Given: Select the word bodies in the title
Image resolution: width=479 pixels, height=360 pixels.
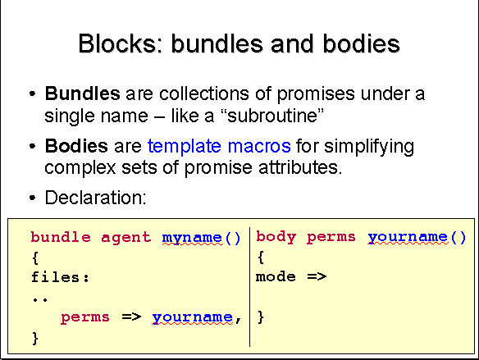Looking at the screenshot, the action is (362, 43).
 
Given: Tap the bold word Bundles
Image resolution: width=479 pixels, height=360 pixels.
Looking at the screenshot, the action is (83, 93).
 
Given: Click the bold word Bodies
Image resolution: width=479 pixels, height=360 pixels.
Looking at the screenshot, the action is (76, 146).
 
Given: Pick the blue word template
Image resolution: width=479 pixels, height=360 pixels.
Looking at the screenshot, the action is (185, 147).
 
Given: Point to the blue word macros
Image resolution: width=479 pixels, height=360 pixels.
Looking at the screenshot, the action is (259, 146).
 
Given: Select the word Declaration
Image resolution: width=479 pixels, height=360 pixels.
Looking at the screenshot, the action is (95, 198).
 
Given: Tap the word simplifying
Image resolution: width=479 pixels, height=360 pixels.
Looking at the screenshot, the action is (369, 147).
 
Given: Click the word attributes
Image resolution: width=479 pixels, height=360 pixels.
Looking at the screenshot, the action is (300, 167).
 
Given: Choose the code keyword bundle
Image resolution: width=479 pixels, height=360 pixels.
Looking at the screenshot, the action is (61, 237).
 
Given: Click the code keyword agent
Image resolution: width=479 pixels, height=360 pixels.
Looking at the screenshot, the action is (125, 238).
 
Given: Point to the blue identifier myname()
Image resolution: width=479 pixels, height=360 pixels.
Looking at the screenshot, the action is (201, 238).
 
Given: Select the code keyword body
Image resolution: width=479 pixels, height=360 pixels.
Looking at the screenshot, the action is (276, 237).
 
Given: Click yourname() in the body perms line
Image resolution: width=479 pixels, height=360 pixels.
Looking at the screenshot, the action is (417, 237).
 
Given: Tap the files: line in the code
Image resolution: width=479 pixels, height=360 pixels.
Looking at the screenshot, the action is (60, 277).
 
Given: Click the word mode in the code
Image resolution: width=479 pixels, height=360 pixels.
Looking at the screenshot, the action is (276, 276).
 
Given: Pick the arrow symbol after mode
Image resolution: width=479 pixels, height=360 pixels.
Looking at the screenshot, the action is (317, 276).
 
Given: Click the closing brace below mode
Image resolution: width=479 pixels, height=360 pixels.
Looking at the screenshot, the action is (261, 317).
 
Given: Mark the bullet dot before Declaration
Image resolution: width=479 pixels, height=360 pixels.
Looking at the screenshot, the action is (32, 198).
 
